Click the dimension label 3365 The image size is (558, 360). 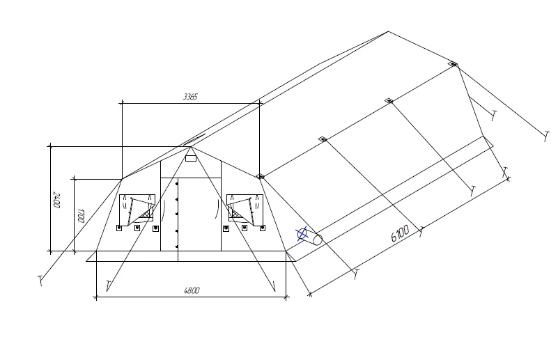pyautogui.click(x=190, y=97)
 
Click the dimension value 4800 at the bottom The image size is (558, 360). pyautogui.click(x=192, y=291)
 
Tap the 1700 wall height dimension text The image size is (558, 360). pyautogui.click(x=81, y=215)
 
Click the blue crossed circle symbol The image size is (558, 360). pyautogui.click(x=302, y=234)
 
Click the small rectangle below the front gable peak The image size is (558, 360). pyautogui.click(x=190, y=159)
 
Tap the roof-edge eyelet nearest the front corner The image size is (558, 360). pyautogui.click(x=260, y=177)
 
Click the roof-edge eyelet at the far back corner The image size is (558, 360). pyautogui.click(x=453, y=64)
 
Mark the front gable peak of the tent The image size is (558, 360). pyautogui.click(x=190, y=147)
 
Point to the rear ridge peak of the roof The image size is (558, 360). pyautogui.click(x=388, y=31)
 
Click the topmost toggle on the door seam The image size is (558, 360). pyautogui.click(x=178, y=183)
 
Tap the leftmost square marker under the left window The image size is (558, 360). pyautogui.click(x=119, y=228)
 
